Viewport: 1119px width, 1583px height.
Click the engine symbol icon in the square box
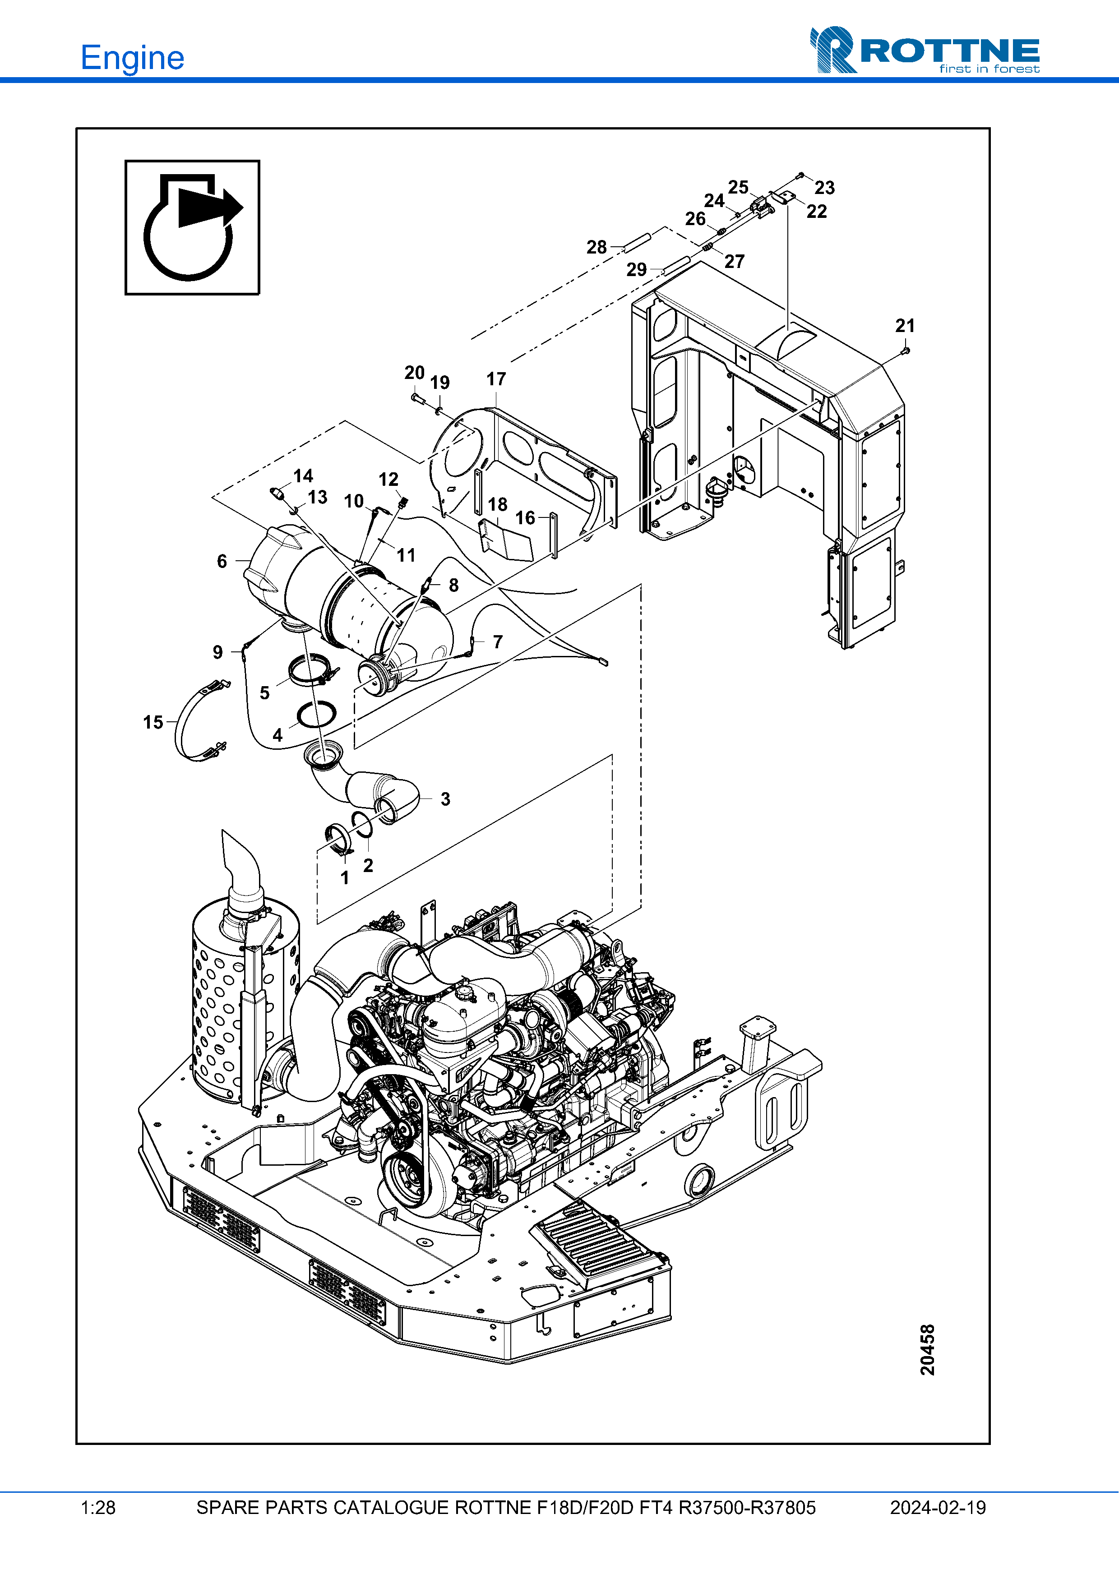(192, 227)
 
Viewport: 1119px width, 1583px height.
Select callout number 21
(905, 325)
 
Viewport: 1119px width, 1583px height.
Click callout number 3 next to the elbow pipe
(445, 799)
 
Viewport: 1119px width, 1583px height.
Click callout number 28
(596, 247)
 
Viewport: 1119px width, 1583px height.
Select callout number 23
(825, 188)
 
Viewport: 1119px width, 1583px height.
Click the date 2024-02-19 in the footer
(938, 1508)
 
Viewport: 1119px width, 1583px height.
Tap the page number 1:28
(98, 1508)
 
